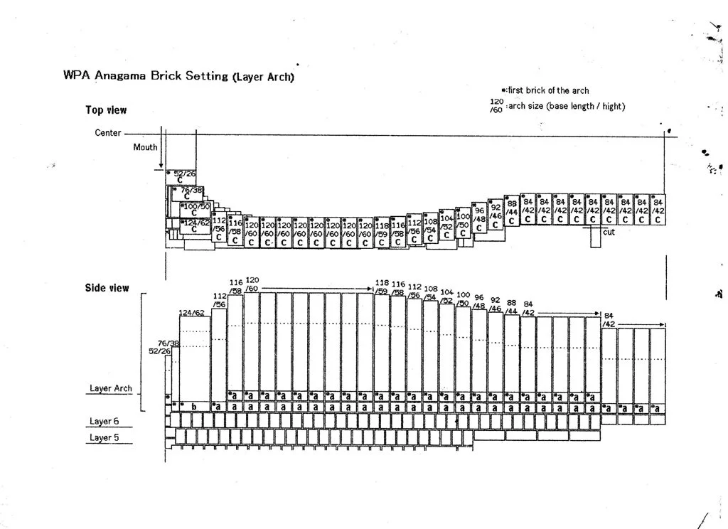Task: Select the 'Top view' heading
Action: (106, 110)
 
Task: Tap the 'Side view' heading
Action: (107, 288)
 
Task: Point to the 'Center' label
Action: (107, 133)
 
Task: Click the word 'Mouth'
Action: (145, 148)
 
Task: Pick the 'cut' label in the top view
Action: (609, 232)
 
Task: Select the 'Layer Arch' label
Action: (110, 389)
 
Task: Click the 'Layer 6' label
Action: (104, 422)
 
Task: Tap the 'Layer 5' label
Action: (104, 437)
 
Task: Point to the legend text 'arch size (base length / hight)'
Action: (567, 107)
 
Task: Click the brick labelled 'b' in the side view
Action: (194, 406)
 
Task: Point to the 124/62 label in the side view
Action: (191, 312)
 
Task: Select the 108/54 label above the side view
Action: (431, 294)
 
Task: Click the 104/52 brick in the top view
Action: (446, 225)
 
